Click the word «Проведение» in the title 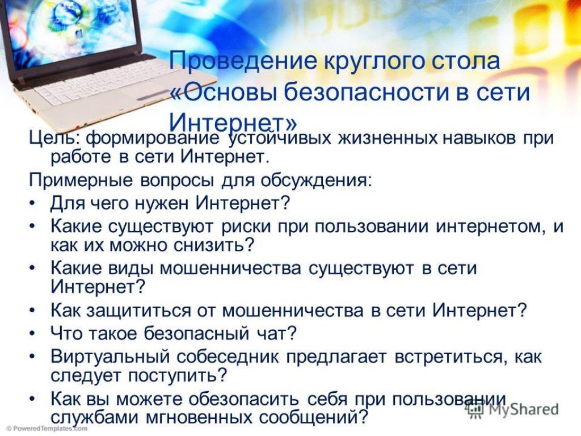243,61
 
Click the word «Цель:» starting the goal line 55,139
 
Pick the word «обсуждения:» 315,181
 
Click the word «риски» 246,227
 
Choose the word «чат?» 276,333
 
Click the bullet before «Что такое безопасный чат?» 32,333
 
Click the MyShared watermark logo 512,409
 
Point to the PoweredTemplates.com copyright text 44,429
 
